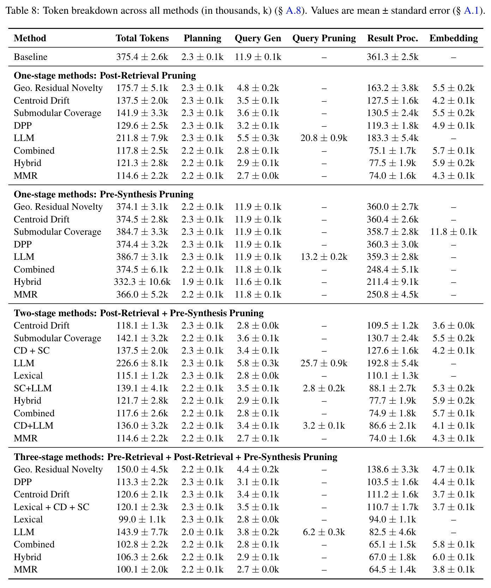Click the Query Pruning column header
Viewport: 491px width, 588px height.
tap(324, 38)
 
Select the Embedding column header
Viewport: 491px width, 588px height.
tap(454, 38)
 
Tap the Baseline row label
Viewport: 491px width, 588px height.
tap(31, 57)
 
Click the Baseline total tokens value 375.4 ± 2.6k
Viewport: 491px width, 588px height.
tap(142, 57)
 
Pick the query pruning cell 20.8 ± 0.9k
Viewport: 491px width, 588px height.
tap(324, 138)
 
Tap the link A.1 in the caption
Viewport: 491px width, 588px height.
tap(471, 11)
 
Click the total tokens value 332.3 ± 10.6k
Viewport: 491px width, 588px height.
tap(142, 282)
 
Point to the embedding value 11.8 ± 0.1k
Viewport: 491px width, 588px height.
tap(454, 232)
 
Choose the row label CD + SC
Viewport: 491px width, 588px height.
tap(32, 351)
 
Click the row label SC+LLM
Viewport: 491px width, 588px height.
tap(33, 388)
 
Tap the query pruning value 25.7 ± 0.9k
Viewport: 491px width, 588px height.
tap(324, 363)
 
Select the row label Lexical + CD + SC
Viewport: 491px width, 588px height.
tap(51, 507)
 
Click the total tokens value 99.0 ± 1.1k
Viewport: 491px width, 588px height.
tap(142, 520)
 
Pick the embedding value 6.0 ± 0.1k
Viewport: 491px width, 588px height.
tap(454, 557)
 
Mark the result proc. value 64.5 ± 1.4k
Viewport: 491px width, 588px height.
tap(393, 570)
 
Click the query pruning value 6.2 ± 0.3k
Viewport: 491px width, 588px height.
tap(324, 532)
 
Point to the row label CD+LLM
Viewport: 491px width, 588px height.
tap(34, 426)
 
